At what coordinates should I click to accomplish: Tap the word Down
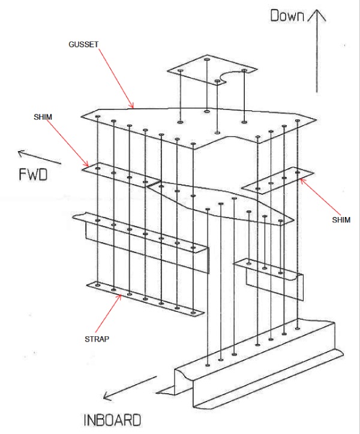(288, 16)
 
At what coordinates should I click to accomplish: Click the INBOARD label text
(112, 419)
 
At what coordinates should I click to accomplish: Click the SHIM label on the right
(340, 220)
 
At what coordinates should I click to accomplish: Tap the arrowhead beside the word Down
(317, 14)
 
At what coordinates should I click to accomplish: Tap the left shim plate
(120, 175)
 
